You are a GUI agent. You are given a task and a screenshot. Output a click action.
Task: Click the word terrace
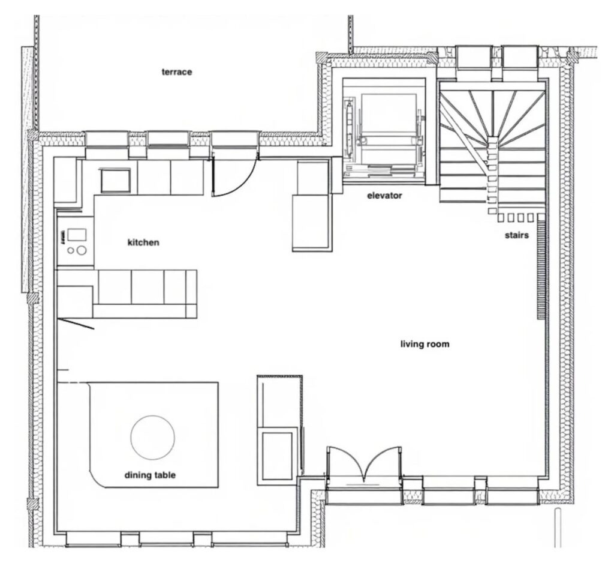click(177, 72)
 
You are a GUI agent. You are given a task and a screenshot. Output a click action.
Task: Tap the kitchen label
click(143, 242)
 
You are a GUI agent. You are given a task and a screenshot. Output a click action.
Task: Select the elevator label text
click(384, 195)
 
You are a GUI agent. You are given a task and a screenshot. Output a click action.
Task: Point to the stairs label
click(516, 235)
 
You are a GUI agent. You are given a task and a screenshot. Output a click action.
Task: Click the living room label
click(425, 345)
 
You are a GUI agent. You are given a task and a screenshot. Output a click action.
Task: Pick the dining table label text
click(150, 475)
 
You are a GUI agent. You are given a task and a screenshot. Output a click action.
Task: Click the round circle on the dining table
click(153, 437)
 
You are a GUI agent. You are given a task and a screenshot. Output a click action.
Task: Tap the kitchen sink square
click(116, 180)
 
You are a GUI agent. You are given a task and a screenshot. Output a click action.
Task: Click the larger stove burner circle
click(81, 250)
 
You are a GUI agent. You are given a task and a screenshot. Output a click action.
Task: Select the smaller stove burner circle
click(71, 250)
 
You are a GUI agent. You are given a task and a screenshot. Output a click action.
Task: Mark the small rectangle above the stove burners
click(77, 235)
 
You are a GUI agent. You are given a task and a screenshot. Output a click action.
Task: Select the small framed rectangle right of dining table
click(278, 456)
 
